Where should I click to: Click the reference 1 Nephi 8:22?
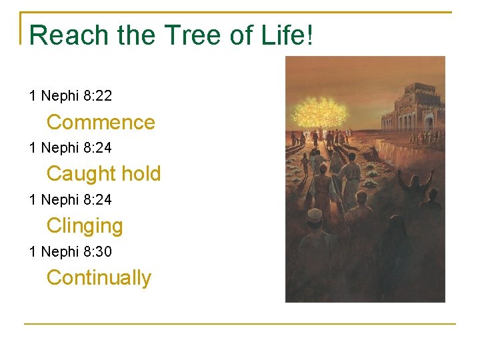click(71, 95)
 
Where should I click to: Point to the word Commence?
click(101, 122)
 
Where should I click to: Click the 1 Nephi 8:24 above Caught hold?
click(71, 147)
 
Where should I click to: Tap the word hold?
click(141, 173)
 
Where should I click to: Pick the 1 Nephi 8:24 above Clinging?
click(71, 199)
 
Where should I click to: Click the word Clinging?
click(85, 226)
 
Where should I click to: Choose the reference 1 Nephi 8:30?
click(71, 251)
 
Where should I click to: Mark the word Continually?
click(99, 277)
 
